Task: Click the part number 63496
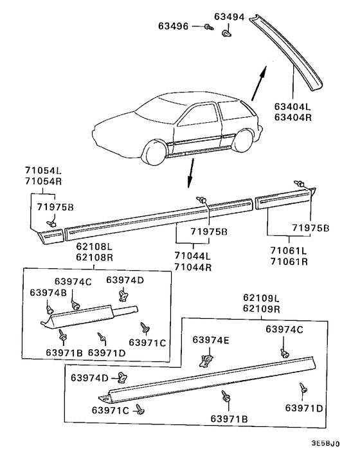[x=173, y=26]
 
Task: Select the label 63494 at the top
[x=230, y=17]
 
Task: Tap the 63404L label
[x=292, y=107]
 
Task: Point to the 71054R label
[x=44, y=181]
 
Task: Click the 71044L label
[x=192, y=256]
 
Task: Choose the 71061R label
[x=289, y=262]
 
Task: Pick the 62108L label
[x=94, y=247]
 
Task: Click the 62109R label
[x=262, y=309]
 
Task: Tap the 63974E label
[x=211, y=340]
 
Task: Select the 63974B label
[x=48, y=293]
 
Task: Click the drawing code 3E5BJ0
[x=325, y=444]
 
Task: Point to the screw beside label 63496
[x=208, y=27]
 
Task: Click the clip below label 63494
[x=226, y=33]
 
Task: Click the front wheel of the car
[x=155, y=152]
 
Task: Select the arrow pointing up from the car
[x=258, y=84]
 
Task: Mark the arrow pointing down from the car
[x=190, y=173]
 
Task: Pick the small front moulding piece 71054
[x=51, y=236]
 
